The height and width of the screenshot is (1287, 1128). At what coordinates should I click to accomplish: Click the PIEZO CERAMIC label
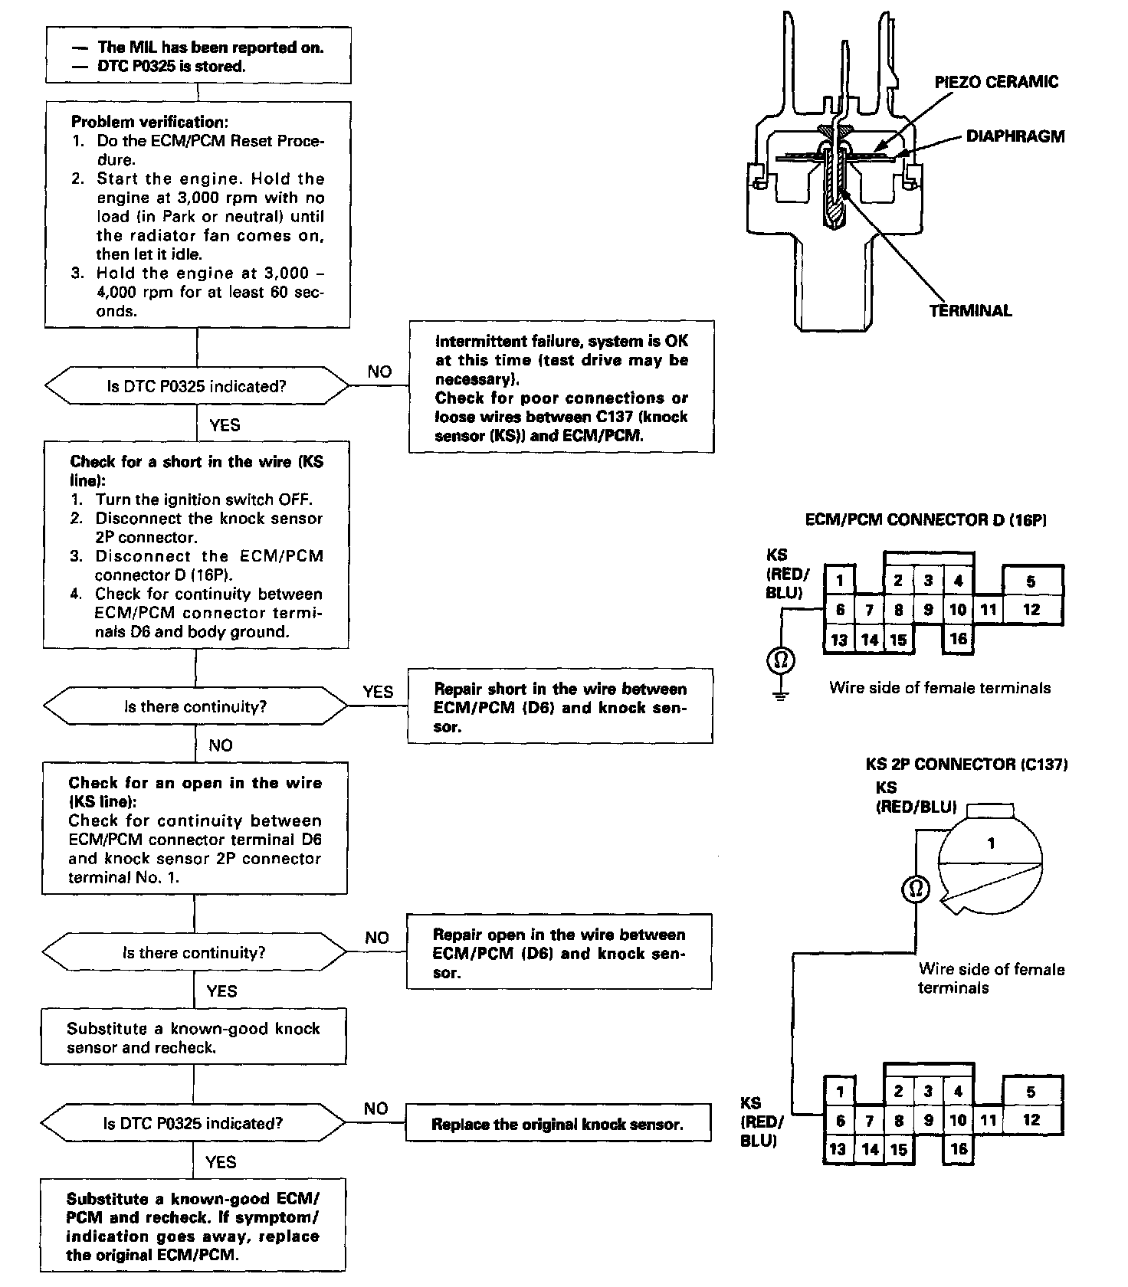(995, 82)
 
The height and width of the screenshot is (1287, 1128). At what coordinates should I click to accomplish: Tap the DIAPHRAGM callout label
(1015, 136)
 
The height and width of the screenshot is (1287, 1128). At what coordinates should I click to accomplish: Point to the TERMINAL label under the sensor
(970, 310)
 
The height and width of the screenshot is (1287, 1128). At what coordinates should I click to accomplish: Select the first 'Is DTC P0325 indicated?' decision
(196, 386)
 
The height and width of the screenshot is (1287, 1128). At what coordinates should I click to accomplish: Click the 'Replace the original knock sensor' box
(557, 1124)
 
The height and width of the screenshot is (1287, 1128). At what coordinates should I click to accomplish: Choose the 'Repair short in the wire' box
(559, 706)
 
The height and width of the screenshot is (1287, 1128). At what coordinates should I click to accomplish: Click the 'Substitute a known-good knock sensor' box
(193, 1037)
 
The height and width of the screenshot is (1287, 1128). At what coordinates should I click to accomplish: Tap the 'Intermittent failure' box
(562, 388)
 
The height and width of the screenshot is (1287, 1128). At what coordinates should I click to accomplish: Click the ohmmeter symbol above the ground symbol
(780, 660)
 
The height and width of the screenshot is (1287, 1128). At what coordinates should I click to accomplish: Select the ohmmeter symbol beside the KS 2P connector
(915, 889)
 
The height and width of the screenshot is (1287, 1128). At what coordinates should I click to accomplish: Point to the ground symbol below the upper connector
(780, 696)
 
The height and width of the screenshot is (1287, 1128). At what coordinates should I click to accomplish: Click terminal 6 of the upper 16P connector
(840, 610)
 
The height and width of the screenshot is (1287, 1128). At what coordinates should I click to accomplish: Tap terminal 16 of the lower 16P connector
(958, 1148)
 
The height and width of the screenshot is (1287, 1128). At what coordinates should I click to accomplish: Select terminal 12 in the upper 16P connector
(1031, 610)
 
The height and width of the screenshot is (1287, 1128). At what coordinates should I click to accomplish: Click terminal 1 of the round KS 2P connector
(991, 843)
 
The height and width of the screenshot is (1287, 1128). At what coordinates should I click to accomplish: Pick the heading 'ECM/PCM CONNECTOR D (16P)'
(926, 519)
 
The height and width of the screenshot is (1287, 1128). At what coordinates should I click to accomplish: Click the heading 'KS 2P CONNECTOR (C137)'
(966, 764)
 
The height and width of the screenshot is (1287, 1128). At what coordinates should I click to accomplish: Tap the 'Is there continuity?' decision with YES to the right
(195, 706)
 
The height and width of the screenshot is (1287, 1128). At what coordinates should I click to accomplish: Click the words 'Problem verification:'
(149, 122)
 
